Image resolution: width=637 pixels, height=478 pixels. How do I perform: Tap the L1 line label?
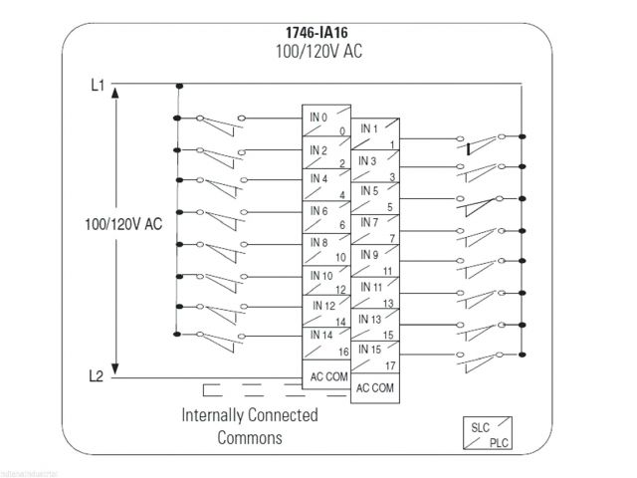[97, 86]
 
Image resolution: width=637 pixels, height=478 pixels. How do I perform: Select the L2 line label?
[97, 376]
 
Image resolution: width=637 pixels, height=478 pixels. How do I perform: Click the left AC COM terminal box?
[326, 377]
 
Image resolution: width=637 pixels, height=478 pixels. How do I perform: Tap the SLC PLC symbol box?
[485, 434]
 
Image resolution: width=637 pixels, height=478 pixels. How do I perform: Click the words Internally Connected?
[249, 414]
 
